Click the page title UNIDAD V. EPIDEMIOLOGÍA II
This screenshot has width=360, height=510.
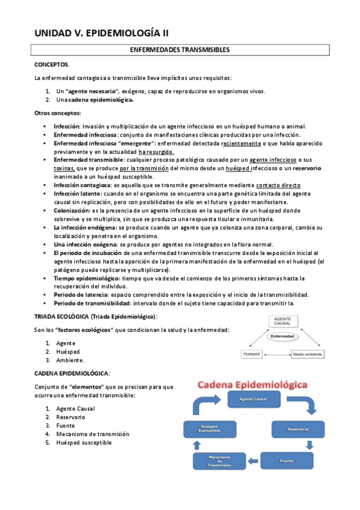tap(106, 33)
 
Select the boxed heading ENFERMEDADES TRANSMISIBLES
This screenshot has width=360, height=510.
tap(180, 49)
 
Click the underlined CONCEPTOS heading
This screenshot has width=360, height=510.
tap(51, 64)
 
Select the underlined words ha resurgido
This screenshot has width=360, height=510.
tap(156, 152)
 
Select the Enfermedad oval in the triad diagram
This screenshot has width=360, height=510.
tap(282, 336)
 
